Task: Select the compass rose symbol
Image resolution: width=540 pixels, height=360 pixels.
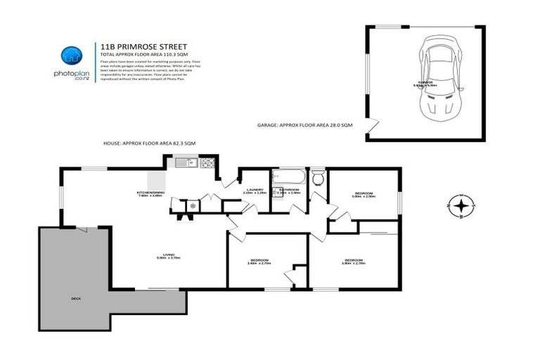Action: pos(461,207)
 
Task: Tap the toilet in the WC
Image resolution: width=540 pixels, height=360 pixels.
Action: pos(317,178)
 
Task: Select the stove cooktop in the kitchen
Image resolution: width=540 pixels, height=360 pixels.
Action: pos(207,165)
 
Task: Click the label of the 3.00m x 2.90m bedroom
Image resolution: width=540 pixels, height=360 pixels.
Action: pos(364,194)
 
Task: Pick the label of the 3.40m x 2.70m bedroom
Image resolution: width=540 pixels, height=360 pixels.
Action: pos(259,262)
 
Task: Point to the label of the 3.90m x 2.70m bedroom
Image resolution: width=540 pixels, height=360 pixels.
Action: pos(353,262)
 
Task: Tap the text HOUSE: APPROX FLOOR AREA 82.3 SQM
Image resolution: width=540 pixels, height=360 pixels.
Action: pos(149,143)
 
